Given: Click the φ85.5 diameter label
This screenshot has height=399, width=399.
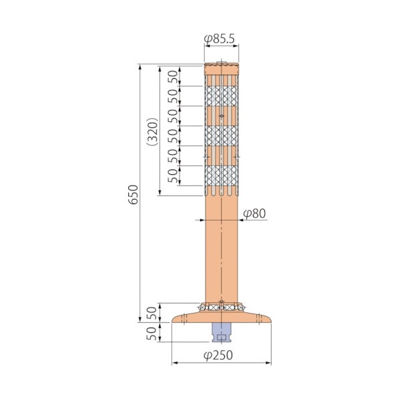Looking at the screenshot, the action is tap(220, 39).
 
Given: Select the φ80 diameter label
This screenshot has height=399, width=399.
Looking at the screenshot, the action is tap(254, 214).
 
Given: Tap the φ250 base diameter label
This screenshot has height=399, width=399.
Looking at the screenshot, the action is tap(218, 355).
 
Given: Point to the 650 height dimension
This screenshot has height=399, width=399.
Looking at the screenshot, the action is tap(133, 195).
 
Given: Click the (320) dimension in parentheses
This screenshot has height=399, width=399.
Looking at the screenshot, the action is tap(153, 131).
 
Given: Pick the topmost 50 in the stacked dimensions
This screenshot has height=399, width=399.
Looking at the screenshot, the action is tap(173, 76).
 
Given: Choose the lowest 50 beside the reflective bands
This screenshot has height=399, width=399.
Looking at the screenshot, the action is tap(173, 175).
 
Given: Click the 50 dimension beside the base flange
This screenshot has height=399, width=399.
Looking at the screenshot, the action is tap(151, 313).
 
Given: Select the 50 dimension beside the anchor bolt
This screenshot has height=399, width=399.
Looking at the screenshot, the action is tap(151, 334).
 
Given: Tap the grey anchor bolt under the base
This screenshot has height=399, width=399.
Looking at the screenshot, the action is tap(222, 332).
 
